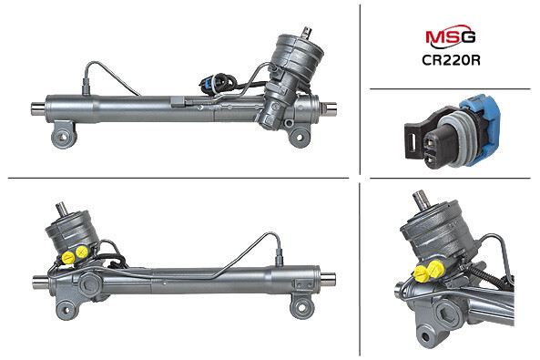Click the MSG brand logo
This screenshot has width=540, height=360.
(451, 36)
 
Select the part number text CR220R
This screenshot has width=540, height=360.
(451, 60)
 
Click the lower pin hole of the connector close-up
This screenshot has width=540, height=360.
(432, 158)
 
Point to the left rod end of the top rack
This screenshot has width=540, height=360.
(38, 108)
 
